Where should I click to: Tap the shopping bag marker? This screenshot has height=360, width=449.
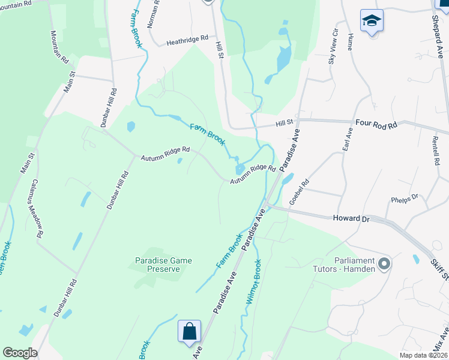189,331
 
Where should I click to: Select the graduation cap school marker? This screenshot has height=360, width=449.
372,21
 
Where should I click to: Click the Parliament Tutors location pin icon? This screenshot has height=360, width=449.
384,263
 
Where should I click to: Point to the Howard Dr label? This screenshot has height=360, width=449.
350,219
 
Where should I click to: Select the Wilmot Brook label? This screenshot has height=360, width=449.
254,283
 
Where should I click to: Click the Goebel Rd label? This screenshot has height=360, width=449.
298,192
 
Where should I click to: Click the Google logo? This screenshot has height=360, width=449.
20,353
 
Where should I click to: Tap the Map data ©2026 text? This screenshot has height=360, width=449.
423,356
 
